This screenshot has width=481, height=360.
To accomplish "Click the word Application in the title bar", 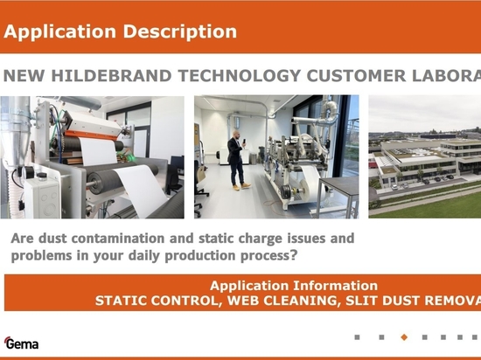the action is (x=59, y=31).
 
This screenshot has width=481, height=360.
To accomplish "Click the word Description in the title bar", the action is (x=180, y=31).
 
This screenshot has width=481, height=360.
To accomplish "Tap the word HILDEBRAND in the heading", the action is (x=111, y=76).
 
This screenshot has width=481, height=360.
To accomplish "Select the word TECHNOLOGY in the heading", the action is (x=240, y=76).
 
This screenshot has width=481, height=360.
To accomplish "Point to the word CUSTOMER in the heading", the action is (x=356, y=76).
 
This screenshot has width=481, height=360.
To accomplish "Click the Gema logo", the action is (x=21, y=343).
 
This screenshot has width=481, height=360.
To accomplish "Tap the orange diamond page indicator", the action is (x=404, y=337).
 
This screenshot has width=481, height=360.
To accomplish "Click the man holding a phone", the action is (x=237, y=161).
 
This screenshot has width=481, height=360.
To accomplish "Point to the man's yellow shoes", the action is (x=241, y=186).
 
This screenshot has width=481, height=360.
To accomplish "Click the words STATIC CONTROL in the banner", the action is (x=158, y=301).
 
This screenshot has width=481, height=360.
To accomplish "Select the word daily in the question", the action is (x=144, y=255).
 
